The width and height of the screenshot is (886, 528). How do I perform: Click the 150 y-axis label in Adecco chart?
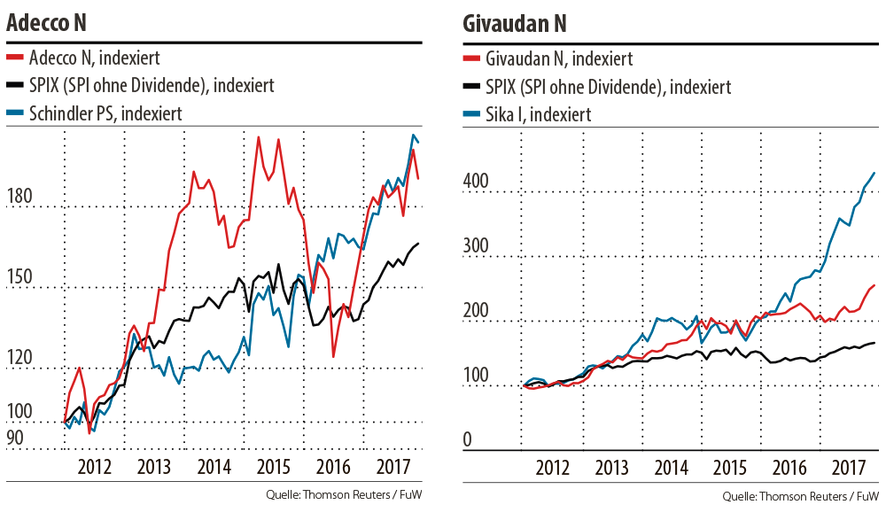coord(20,276)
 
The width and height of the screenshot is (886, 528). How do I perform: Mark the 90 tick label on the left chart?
coord(15,437)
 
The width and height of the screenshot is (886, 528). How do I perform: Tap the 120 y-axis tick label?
coord(20,358)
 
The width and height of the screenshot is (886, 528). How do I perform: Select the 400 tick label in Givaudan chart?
coord(477,181)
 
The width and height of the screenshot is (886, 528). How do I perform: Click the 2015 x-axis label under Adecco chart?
coord(275,467)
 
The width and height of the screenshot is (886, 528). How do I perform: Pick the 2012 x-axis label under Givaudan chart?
coord(553,467)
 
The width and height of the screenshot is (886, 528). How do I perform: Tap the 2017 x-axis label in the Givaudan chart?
coord(849,467)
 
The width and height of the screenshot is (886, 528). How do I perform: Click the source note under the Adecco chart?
coord(343,494)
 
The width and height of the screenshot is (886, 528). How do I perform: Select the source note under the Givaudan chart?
coord(800,496)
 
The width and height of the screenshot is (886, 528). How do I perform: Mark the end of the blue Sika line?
coord(875,173)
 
